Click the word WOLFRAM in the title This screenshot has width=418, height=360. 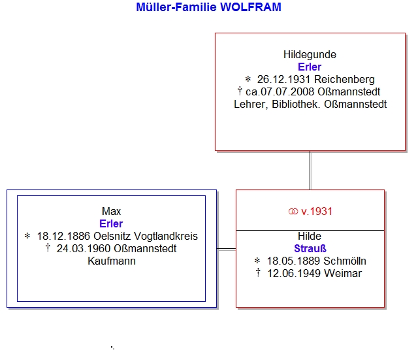[251, 7]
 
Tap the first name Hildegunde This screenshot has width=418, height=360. [310, 55]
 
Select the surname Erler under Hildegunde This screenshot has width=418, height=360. [310, 67]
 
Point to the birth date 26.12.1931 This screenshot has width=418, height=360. [283, 80]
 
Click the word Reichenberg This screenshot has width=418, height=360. [344, 80]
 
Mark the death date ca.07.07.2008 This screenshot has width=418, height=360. [280, 92]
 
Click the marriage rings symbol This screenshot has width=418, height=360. [293, 212]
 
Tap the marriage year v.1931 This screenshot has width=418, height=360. [317, 212]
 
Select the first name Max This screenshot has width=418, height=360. [111, 212]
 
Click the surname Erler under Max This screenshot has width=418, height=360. [111, 223]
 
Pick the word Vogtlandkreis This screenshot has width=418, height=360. [165, 237]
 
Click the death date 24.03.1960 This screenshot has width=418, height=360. [84, 248]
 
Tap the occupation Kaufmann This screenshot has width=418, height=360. [112, 261]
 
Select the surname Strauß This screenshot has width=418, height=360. [310, 248]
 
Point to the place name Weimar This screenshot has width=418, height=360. [343, 274]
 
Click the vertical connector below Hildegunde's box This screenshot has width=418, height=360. [310, 171]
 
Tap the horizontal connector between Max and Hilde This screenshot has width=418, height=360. [227, 249]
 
